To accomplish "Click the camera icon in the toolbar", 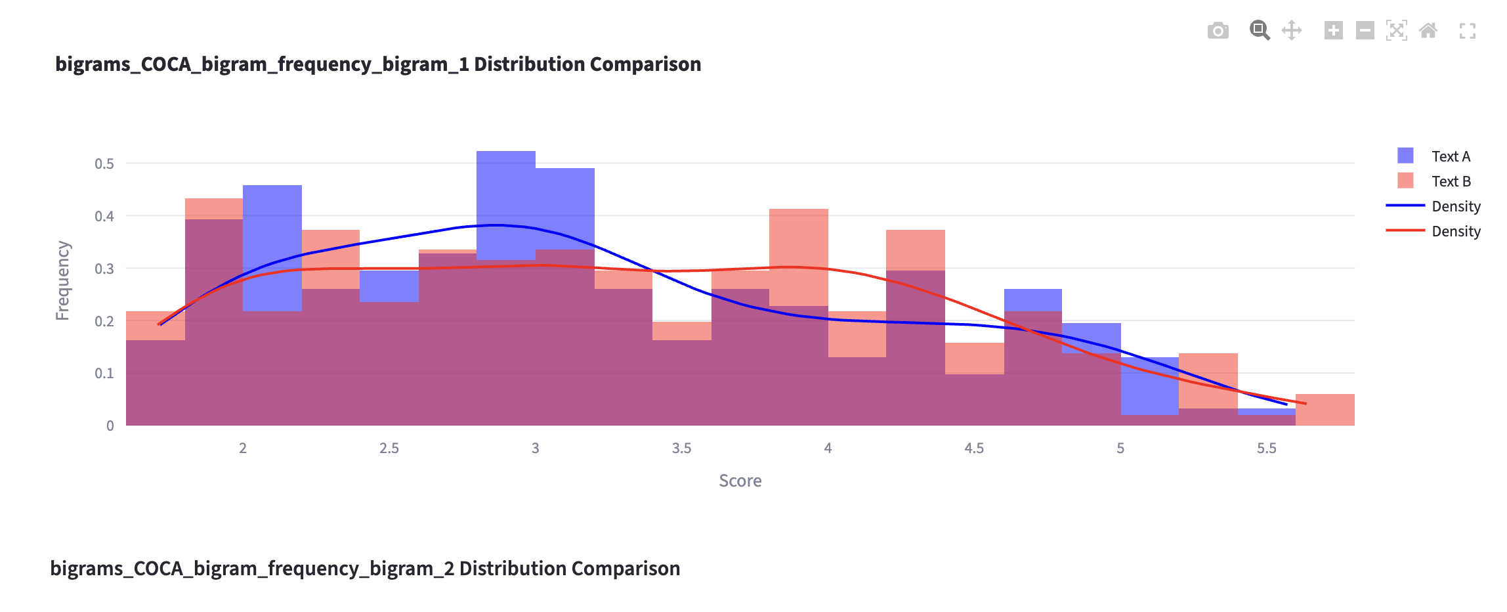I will pyautogui.click(x=1218, y=31).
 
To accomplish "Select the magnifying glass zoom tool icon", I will pyautogui.click(x=1259, y=30).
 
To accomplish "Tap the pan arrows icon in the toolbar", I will pyautogui.click(x=1292, y=30).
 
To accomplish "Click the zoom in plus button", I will pyautogui.click(x=1333, y=30).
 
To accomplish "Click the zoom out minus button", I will pyautogui.click(x=1365, y=30).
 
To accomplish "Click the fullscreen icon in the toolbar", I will pyautogui.click(x=1468, y=31).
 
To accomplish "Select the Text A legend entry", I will pyautogui.click(x=1451, y=156).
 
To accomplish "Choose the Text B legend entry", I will pyautogui.click(x=1451, y=181).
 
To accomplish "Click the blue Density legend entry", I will pyautogui.click(x=1455, y=206).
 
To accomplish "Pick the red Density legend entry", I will pyautogui.click(x=1455, y=231).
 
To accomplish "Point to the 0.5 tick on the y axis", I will pyautogui.click(x=104, y=164).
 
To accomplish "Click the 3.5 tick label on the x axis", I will pyautogui.click(x=681, y=448).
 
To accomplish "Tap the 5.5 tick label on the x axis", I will pyautogui.click(x=1266, y=448).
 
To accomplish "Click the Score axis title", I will pyautogui.click(x=740, y=481).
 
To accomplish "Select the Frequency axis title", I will pyautogui.click(x=63, y=280).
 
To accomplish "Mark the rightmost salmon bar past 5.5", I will pyautogui.click(x=1325, y=410).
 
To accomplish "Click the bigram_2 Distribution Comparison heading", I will pyautogui.click(x=365, y=568).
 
